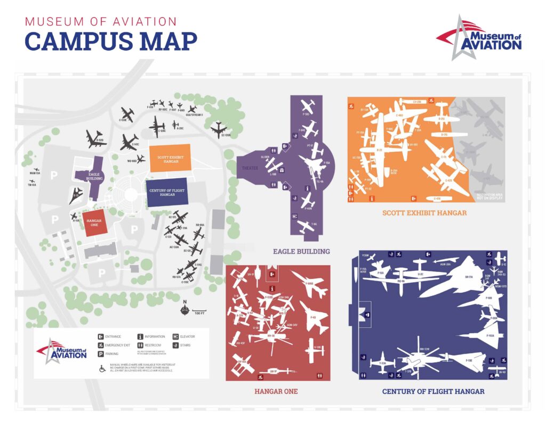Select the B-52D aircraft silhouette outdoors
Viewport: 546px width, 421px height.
pyautogui.click(x=96, y=139)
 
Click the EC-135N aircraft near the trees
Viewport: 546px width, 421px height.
pyautogui.click(x=220, y=128)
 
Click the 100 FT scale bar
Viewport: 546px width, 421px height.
pyautogui.click(x=199, y=310)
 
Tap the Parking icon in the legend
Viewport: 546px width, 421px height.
pyautogui.click(x=100, y=353)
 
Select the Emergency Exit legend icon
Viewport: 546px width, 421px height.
pyautogui.click(x=100, y=345)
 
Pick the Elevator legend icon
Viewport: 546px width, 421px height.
pyautogui.click(x=175, y=336)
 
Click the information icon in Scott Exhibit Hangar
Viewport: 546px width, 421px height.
pyautogui.click(x=373, y=198)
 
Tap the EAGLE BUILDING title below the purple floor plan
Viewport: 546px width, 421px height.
pyautogui.click(x=301, y=251)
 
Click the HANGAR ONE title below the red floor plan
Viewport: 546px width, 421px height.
pyautogui.click(x=276, y=392)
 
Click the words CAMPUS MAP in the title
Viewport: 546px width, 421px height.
pyautogui.click(x=111, y=42)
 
